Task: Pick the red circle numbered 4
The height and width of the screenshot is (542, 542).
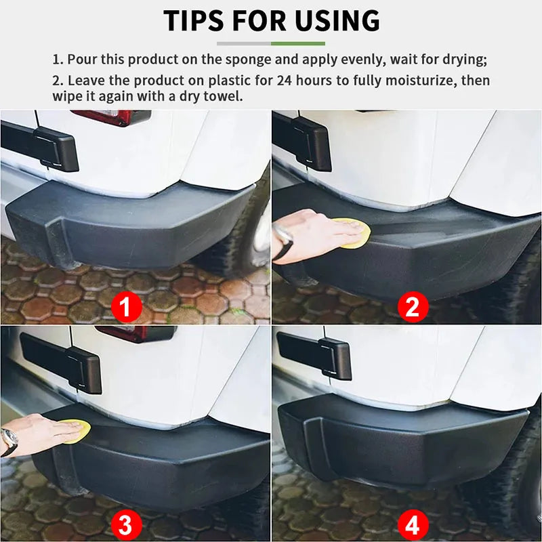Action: pyautogui.click(x=413, y=524)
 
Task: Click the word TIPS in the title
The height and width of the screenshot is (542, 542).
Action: pyautogui.click(x=196, y=21)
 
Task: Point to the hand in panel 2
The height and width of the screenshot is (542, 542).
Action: pyautogui.click(x=308, y=234)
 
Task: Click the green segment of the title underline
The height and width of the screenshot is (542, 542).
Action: pyautogui.click(x=298, y=43)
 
